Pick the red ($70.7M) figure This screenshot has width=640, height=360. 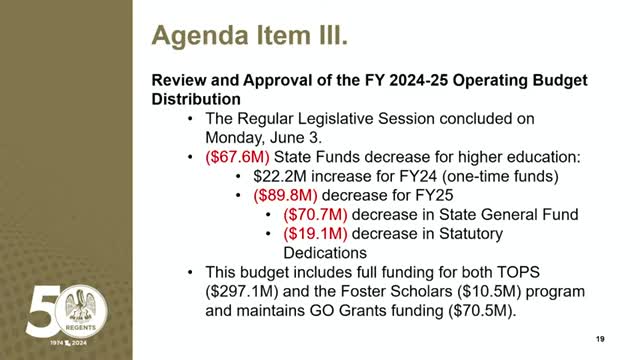tap(317, 214)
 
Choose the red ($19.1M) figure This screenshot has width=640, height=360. tap(317, 233)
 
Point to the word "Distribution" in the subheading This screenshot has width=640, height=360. tap(195, 99)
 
